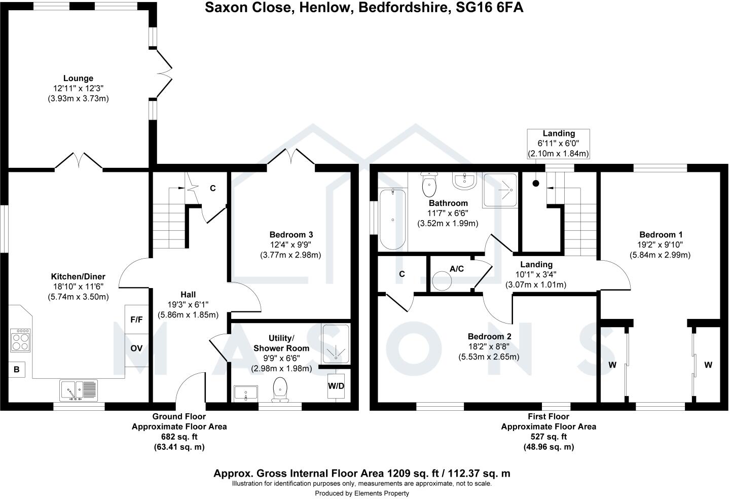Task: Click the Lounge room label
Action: click(78, 78)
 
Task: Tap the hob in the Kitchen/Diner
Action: click(21, 340)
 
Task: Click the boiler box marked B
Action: click(16, 370)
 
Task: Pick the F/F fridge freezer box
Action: click(136, 320)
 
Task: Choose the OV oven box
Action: click(136, 348)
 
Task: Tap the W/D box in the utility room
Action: click(336, 386)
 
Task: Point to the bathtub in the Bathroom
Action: click(393, 219)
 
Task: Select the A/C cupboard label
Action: click(457, 269)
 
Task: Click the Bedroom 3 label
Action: click(291, 234)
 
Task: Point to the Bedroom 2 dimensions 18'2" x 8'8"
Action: click(489, 346)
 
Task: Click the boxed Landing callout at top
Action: click(559, 144)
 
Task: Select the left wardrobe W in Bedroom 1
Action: click(612, 365)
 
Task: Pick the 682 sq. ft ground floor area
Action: click(179, 437)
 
